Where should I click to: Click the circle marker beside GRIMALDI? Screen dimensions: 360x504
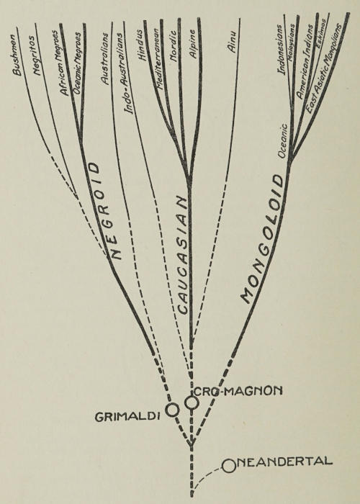click(x=172, y=410)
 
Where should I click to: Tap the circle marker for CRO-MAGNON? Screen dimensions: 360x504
click(x=192, y=402)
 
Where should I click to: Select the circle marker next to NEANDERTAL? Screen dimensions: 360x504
click(x=229, y=466)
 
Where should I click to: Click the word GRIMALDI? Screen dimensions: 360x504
click(x=127, y=417)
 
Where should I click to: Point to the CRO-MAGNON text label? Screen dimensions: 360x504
click(x=238, y=391)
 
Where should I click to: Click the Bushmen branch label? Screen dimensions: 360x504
click(x=17, y=55)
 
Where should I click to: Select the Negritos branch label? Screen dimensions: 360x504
click(x=37, y=58)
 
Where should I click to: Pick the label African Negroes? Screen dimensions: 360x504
click(x=60, y=63)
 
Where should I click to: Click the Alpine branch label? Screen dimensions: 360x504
click(x=193, y=44)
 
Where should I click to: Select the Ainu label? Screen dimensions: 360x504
click(x=231, y=41)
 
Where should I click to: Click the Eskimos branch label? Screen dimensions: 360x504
click(x=321, y=33)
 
